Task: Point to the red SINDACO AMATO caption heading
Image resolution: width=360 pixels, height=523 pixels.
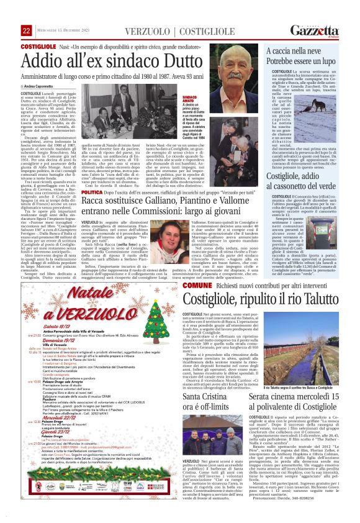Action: point(191,99)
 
